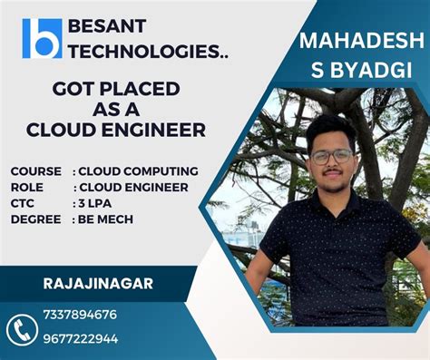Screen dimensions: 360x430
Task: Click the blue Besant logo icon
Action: point(42,38)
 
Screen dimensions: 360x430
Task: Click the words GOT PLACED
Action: point(115,89)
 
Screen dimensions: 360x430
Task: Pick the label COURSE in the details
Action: point(36,170)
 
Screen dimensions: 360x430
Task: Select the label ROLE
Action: point(27,187)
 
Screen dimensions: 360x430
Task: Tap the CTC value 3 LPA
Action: point(95,203)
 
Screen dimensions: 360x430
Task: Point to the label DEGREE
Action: point(36,219)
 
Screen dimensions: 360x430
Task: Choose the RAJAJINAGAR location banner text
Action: point(98,284)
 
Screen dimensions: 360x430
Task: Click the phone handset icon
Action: point(21,328)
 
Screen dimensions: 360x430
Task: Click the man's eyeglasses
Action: point(332,156)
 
